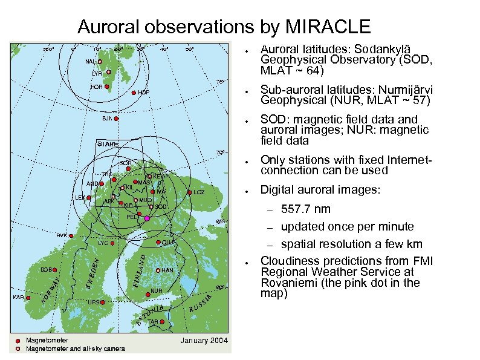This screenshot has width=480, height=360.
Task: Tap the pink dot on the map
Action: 147,218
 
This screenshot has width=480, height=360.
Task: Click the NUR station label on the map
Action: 157,291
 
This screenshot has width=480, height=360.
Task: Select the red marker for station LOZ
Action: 190,192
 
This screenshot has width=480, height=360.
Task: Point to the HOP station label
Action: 143,93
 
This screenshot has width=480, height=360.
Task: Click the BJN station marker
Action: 116,119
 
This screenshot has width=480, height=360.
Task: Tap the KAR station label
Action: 18,298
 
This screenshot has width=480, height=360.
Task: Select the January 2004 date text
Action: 204,341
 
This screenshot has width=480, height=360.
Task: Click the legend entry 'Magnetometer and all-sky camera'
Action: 75,349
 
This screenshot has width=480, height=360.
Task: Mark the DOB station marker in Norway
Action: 55,270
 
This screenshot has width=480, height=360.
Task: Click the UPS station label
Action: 93,301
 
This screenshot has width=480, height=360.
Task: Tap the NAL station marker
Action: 100,62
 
